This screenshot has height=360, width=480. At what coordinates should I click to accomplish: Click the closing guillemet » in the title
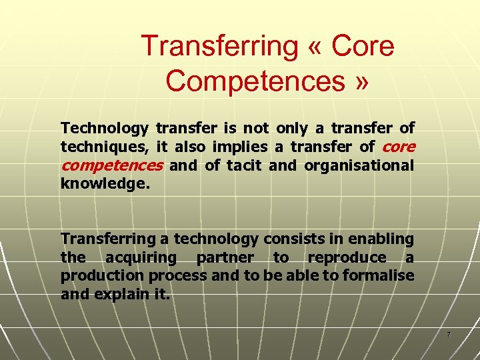pos(360,81)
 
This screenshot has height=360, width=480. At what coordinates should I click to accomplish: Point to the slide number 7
pos(449,334)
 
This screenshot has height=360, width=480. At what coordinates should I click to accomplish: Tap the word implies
pos(239,147)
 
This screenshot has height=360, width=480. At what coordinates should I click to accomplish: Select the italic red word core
pos(399,147)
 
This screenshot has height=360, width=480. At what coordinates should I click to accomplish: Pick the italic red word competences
pos(111,165)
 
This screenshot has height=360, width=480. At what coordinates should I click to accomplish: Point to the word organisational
pos(359,165)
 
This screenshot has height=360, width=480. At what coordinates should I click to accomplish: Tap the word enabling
pos(381,238)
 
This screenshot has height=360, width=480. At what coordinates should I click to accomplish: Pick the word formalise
pos(379,275)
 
